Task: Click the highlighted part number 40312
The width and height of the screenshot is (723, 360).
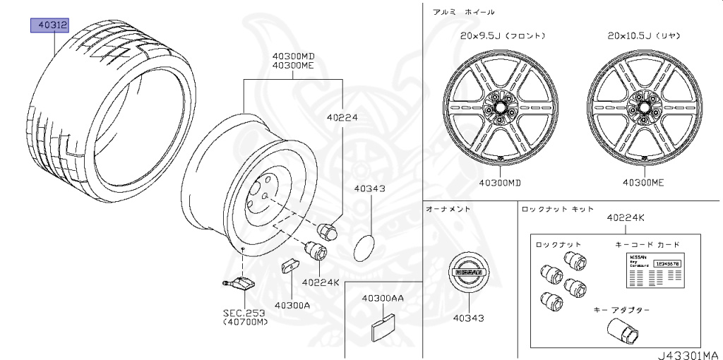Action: pyautogui.click(x=48, y=26)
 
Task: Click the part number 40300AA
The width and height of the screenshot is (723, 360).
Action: pyautogui.click(x=383, y=299)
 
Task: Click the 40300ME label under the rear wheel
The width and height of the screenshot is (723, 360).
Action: pyautogui.click(x=643, y=182)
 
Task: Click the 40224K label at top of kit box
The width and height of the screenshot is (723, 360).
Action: pyautogui.click(x=626, y=218)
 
